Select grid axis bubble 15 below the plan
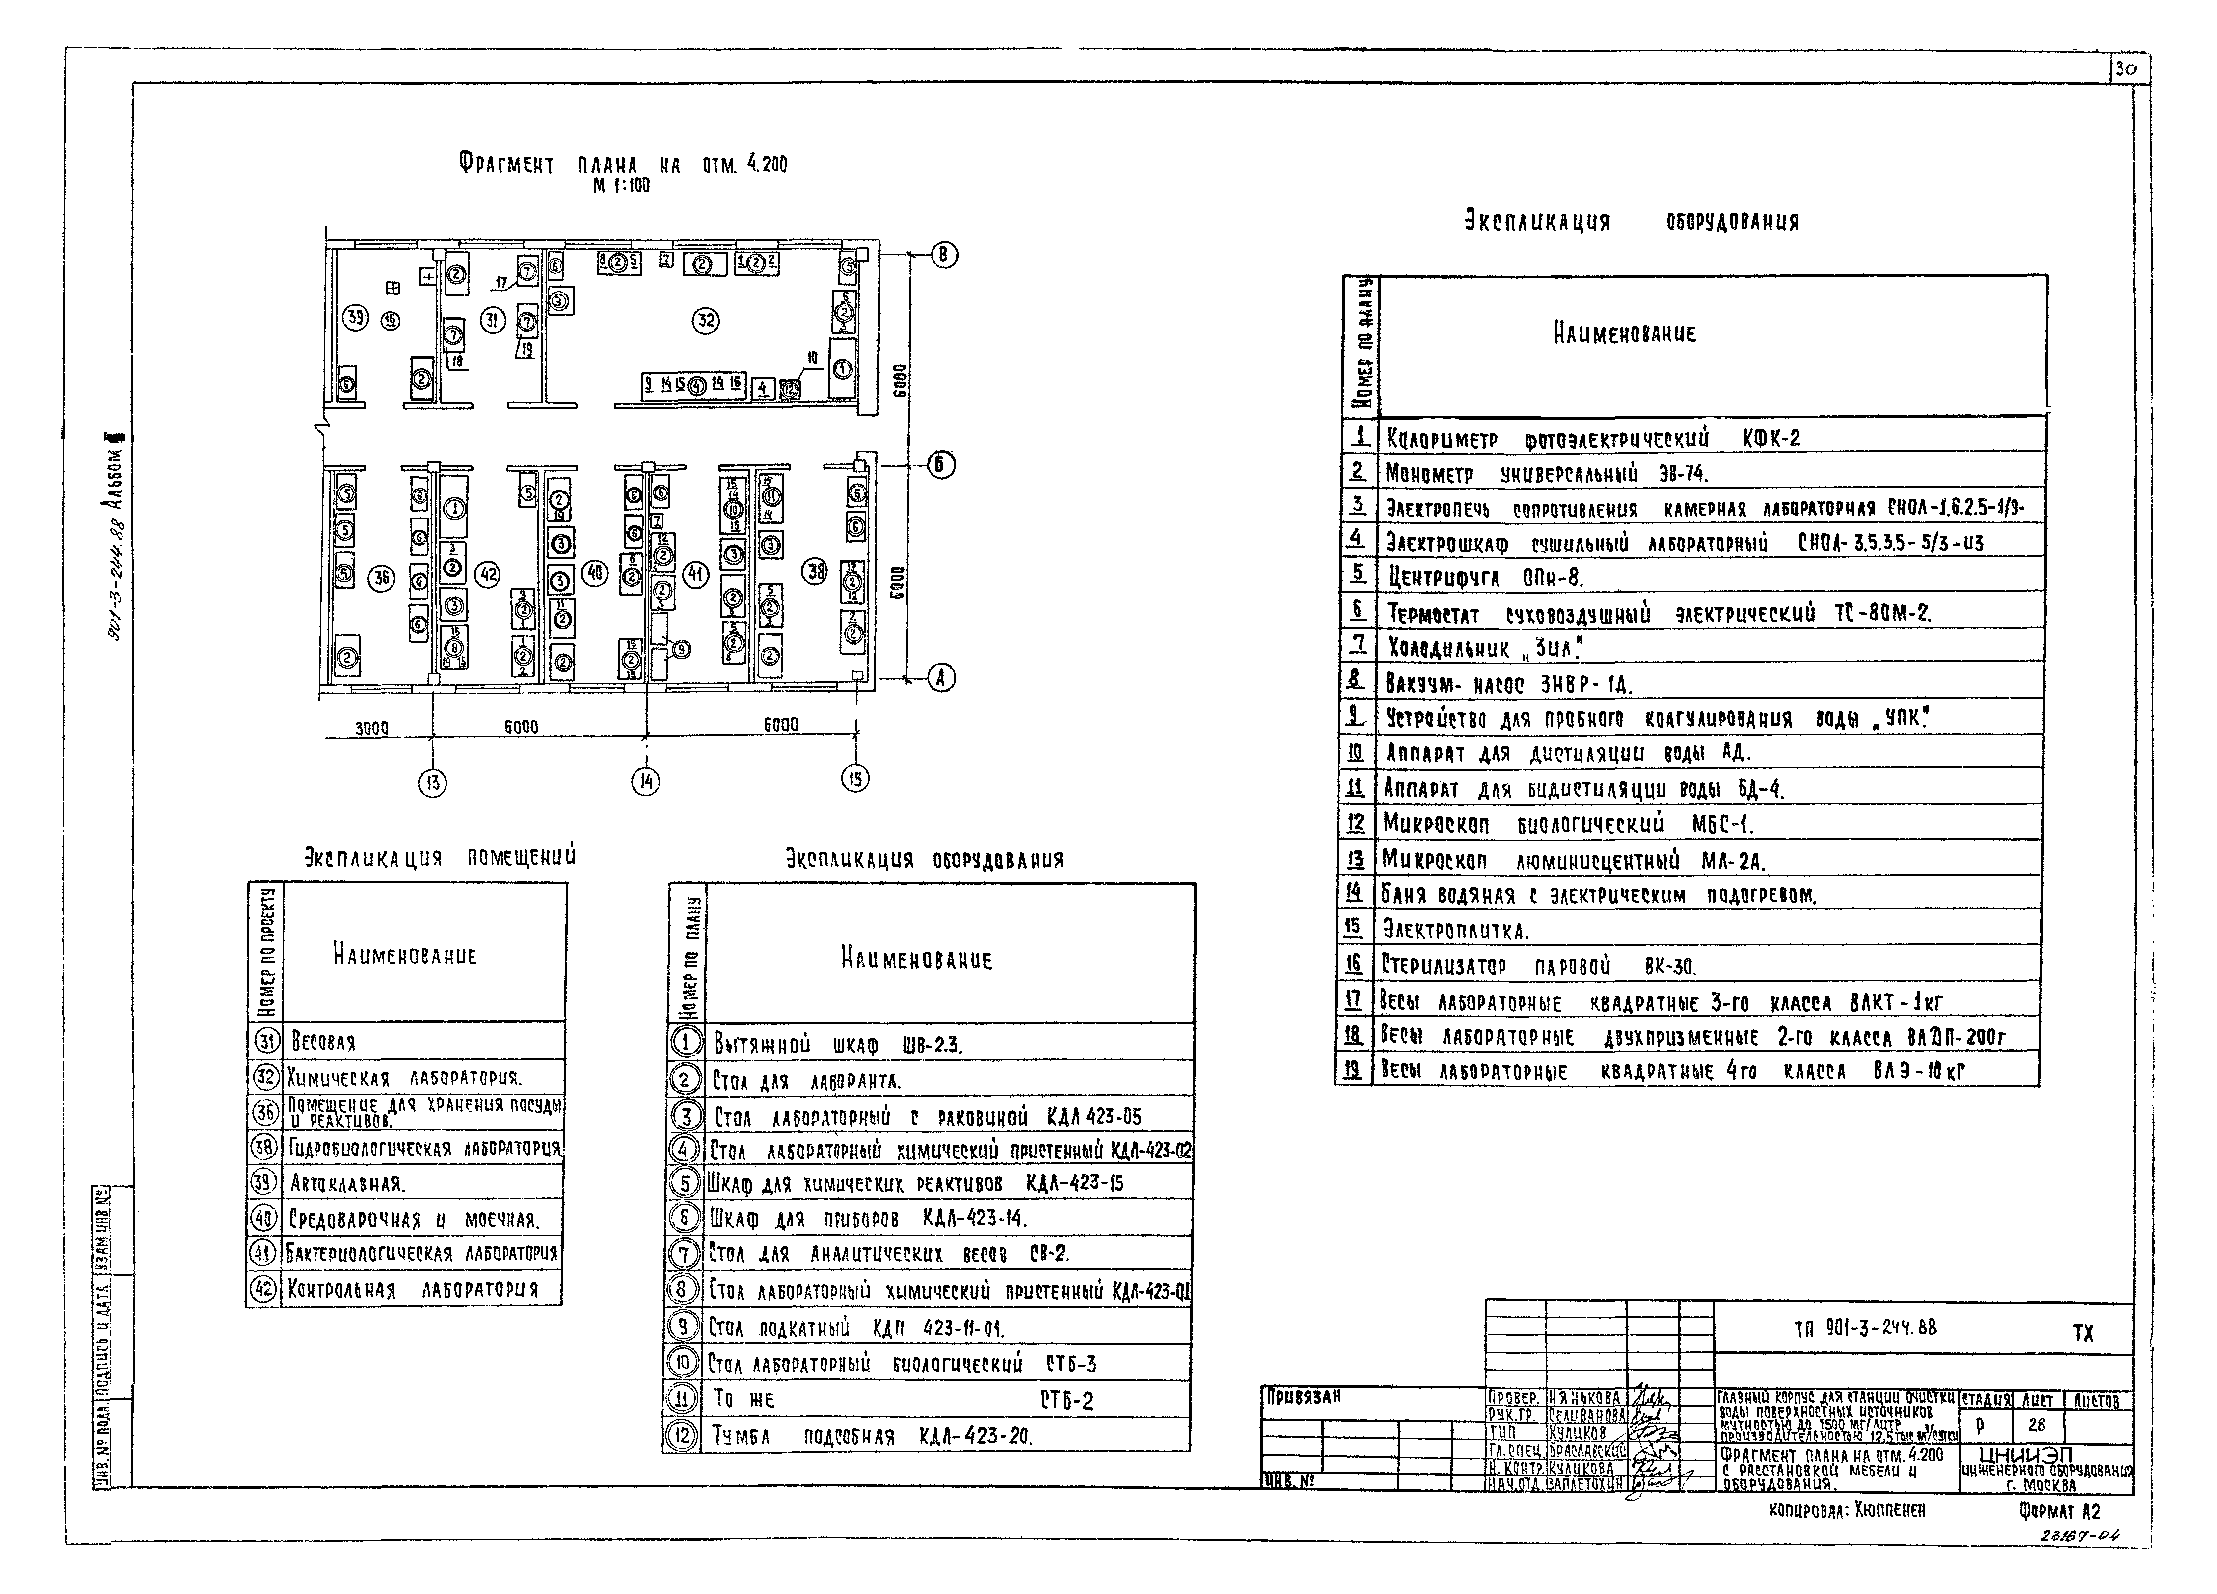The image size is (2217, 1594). click(855, 778)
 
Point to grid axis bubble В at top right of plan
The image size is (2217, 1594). click(943, 255)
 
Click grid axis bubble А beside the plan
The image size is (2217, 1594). click(941, 677)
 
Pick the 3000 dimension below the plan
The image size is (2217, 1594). click(371, 728)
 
